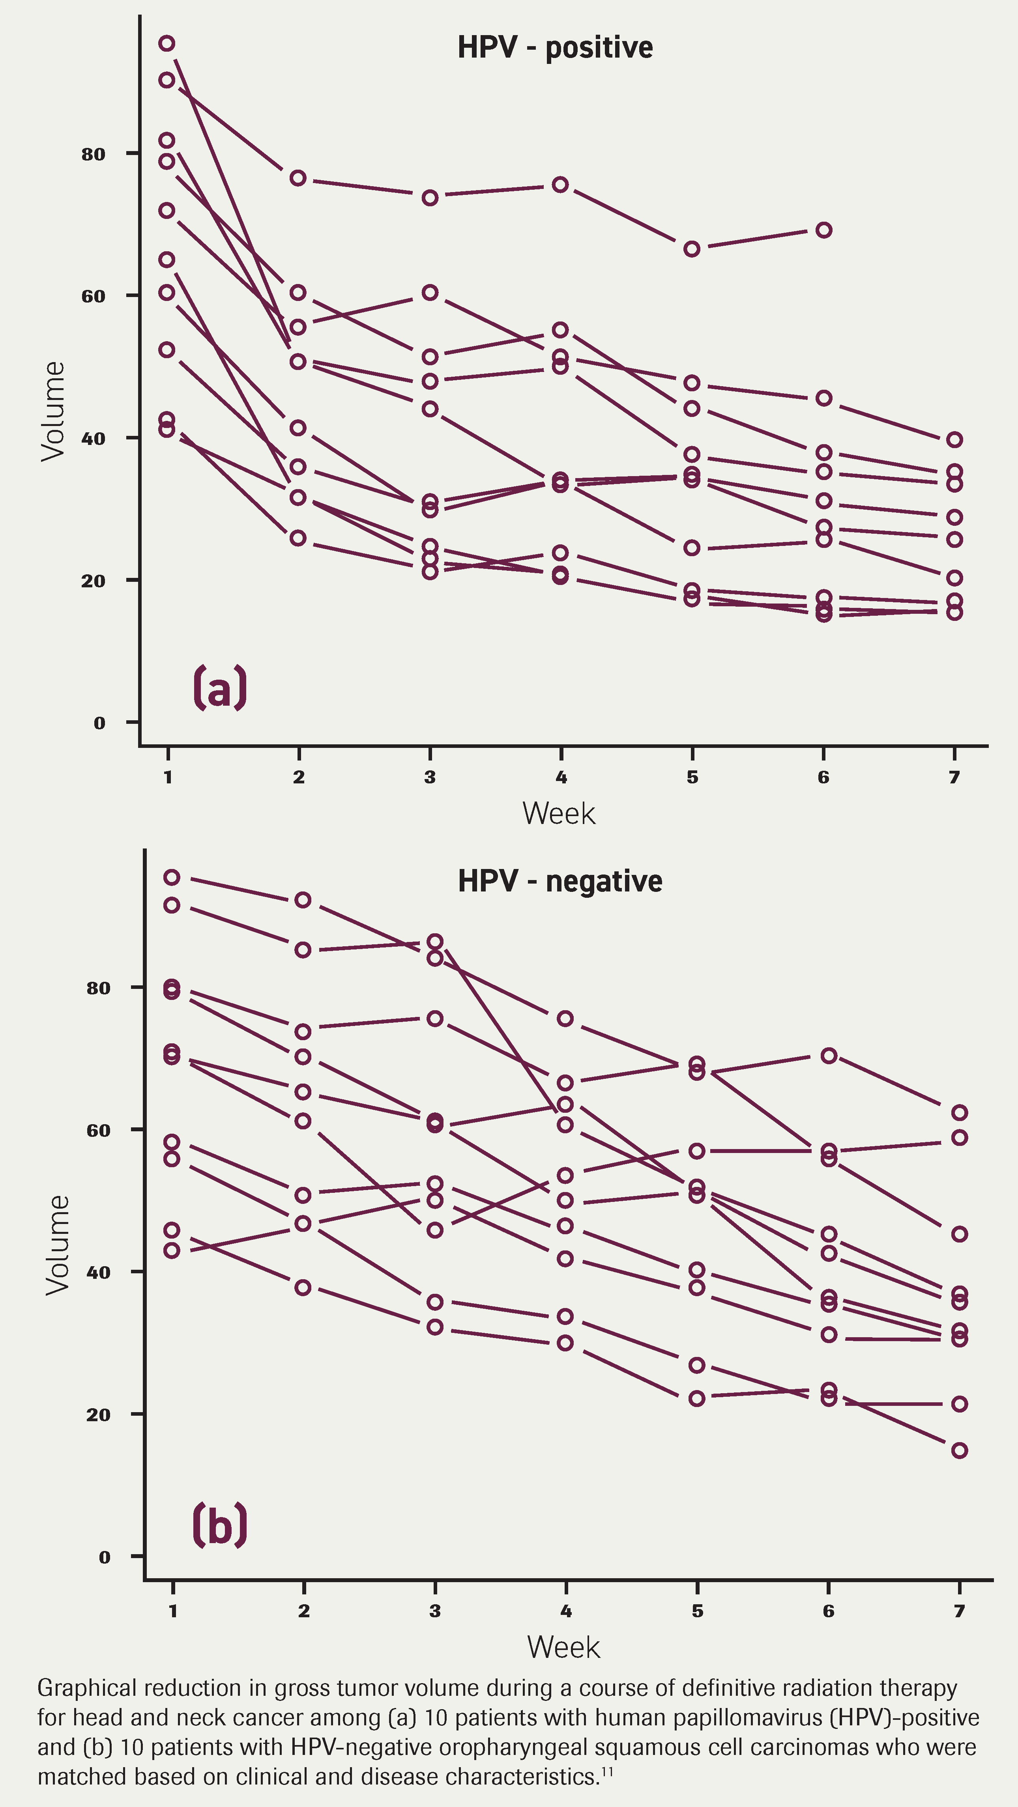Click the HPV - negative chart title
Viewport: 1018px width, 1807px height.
(x=560, y=881)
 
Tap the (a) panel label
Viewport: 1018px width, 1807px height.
(x=220, y=688)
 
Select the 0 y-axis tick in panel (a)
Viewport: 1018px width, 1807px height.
(x=99, y=723)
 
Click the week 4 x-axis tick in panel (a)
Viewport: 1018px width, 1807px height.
(x=561, y=777)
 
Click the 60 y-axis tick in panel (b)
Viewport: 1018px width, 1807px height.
(x=98, y=1130)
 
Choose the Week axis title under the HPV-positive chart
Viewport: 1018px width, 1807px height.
(x=558, y=814)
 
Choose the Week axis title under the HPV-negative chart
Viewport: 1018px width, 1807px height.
(x=563, y=1647)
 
